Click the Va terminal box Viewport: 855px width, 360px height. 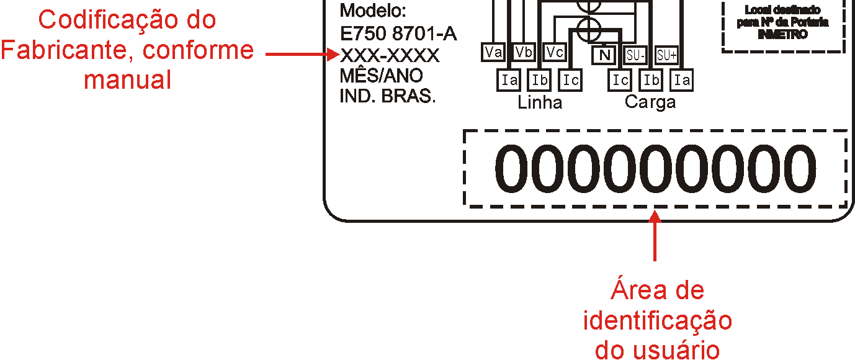point(493,52)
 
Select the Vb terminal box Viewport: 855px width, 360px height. point(524,52)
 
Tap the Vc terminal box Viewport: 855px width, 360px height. point(555,52)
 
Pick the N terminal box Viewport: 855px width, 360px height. point(604,55)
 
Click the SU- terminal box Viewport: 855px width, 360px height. point(635,55)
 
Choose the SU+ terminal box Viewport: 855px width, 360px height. point(666,55)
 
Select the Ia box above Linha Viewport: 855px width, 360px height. point(509,80)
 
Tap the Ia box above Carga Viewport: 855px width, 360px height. point(682,80)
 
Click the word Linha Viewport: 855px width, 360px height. point(540,102)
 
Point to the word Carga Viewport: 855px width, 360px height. point(650,102)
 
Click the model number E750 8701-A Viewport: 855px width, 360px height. point(398,34)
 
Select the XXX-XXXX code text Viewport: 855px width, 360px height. point(389,56)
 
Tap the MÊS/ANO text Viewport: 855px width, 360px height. point(382,75)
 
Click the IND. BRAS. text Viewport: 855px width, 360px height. point(387,96)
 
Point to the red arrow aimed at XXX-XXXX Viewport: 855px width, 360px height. point(302,55)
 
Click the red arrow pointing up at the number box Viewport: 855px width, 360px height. point(655,235)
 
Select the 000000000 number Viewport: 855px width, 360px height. point(655,168)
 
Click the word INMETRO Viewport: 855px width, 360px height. point(782,34)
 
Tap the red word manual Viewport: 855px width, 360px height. point(127,80)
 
